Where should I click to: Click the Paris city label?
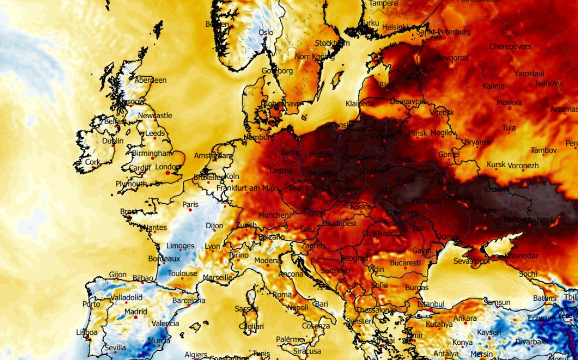(x=190, y=205)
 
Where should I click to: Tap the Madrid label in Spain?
(x=135, y=312)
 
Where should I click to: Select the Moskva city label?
(x=509, y=102)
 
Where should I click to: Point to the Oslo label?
(x=266, y=32)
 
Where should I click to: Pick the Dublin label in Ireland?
(x=113, y=141)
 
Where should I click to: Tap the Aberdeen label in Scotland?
(x=151, y=80)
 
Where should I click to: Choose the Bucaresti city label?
(x=405, y=263)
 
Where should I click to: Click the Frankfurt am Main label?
(x=247, y=188)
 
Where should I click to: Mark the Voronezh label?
(x=523, y=165)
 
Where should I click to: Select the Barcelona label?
(x=188, y=300)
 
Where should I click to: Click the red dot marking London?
(x=168, y=174)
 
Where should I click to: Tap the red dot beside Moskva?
(x=509, y=109)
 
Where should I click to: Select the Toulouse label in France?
(x=183, y=273)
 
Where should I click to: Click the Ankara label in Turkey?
(x=465, y=318)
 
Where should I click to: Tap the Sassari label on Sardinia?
(x=246, y=309)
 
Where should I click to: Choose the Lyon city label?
(x=212, y=247)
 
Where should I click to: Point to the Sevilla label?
(x=115, y=348)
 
